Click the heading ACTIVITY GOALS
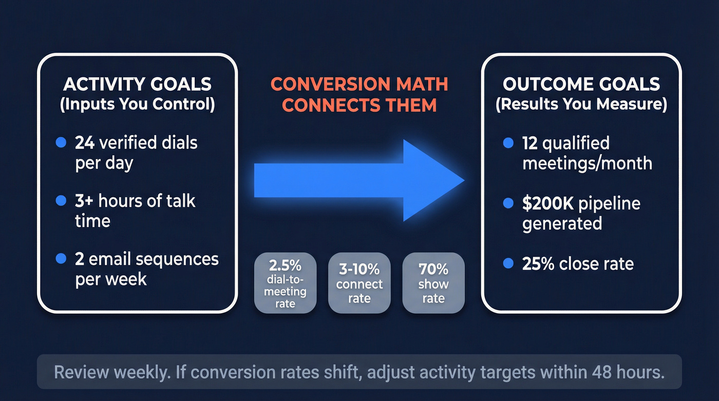coord(137,84)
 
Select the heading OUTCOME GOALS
coord(581,84)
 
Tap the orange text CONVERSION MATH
coord(359,84)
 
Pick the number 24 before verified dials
coord(85,142)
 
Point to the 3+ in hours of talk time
coord(85,201)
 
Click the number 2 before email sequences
coord(80,259)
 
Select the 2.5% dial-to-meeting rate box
coord(285,283)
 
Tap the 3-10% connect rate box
coord(359,283)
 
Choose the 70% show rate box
coord(433,283)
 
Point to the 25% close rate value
coord(538,264)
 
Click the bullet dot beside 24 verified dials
coord(61,143)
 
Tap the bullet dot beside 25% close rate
coord(508,264)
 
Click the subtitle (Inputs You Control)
coord(137,104)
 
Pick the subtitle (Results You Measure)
coord(581,104)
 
